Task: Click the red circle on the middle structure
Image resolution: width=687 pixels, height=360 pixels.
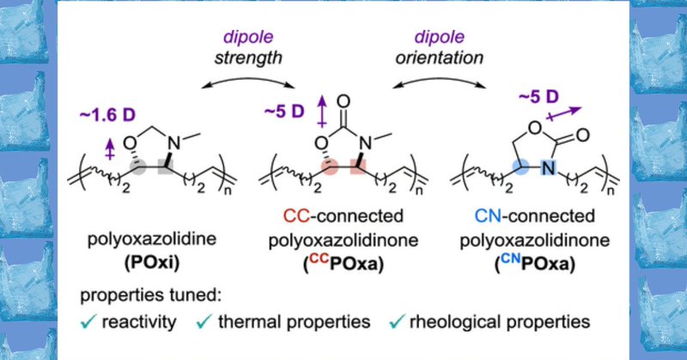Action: pyautogui.click(x=329, y=164)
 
